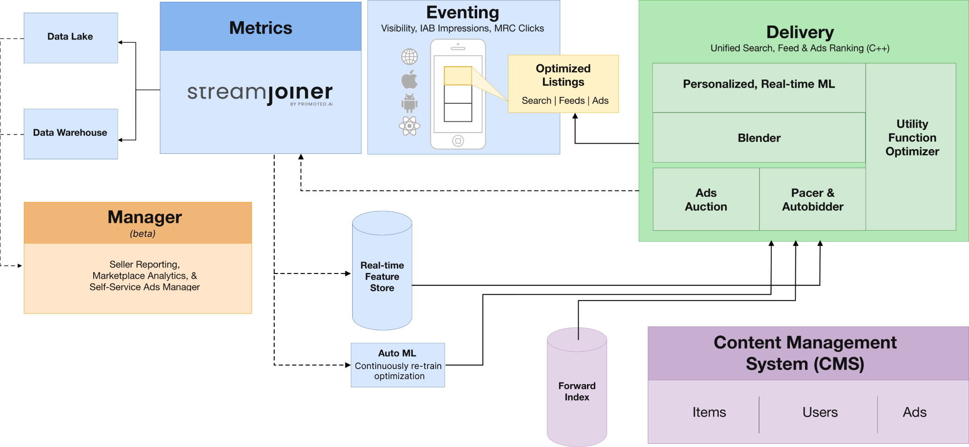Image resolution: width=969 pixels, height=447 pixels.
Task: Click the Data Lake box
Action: [71, 38]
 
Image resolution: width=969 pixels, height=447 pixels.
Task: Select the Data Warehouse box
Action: [71, 134]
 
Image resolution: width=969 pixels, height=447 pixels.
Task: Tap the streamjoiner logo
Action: [260, 94]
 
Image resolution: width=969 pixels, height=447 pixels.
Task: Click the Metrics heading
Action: [260, 28]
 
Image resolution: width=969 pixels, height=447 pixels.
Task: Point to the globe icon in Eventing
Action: [409, 57]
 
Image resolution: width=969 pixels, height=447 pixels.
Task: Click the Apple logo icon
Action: [409, 80]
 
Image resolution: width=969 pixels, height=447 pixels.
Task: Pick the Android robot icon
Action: [409, 103]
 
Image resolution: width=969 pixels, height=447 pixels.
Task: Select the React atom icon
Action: [409, 126]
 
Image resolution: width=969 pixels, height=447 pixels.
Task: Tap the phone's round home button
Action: [458, 141]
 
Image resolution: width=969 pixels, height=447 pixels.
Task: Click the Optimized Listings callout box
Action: [563, 84]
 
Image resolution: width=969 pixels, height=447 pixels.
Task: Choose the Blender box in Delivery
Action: [759, 138]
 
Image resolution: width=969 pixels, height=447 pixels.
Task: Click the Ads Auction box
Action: [706, 200]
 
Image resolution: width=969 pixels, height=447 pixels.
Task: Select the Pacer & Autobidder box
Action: [812, 200]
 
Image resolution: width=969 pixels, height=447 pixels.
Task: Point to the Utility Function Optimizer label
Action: [912, 138]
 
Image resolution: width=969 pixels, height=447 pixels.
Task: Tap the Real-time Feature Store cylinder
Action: [382, 275]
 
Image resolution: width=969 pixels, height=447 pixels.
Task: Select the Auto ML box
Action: [398, 365]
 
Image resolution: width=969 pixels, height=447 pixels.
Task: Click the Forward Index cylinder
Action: [577, 391]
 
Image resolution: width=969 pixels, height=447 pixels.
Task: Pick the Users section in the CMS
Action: [820, 412]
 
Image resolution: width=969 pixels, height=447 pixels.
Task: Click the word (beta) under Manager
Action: [142, 234]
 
